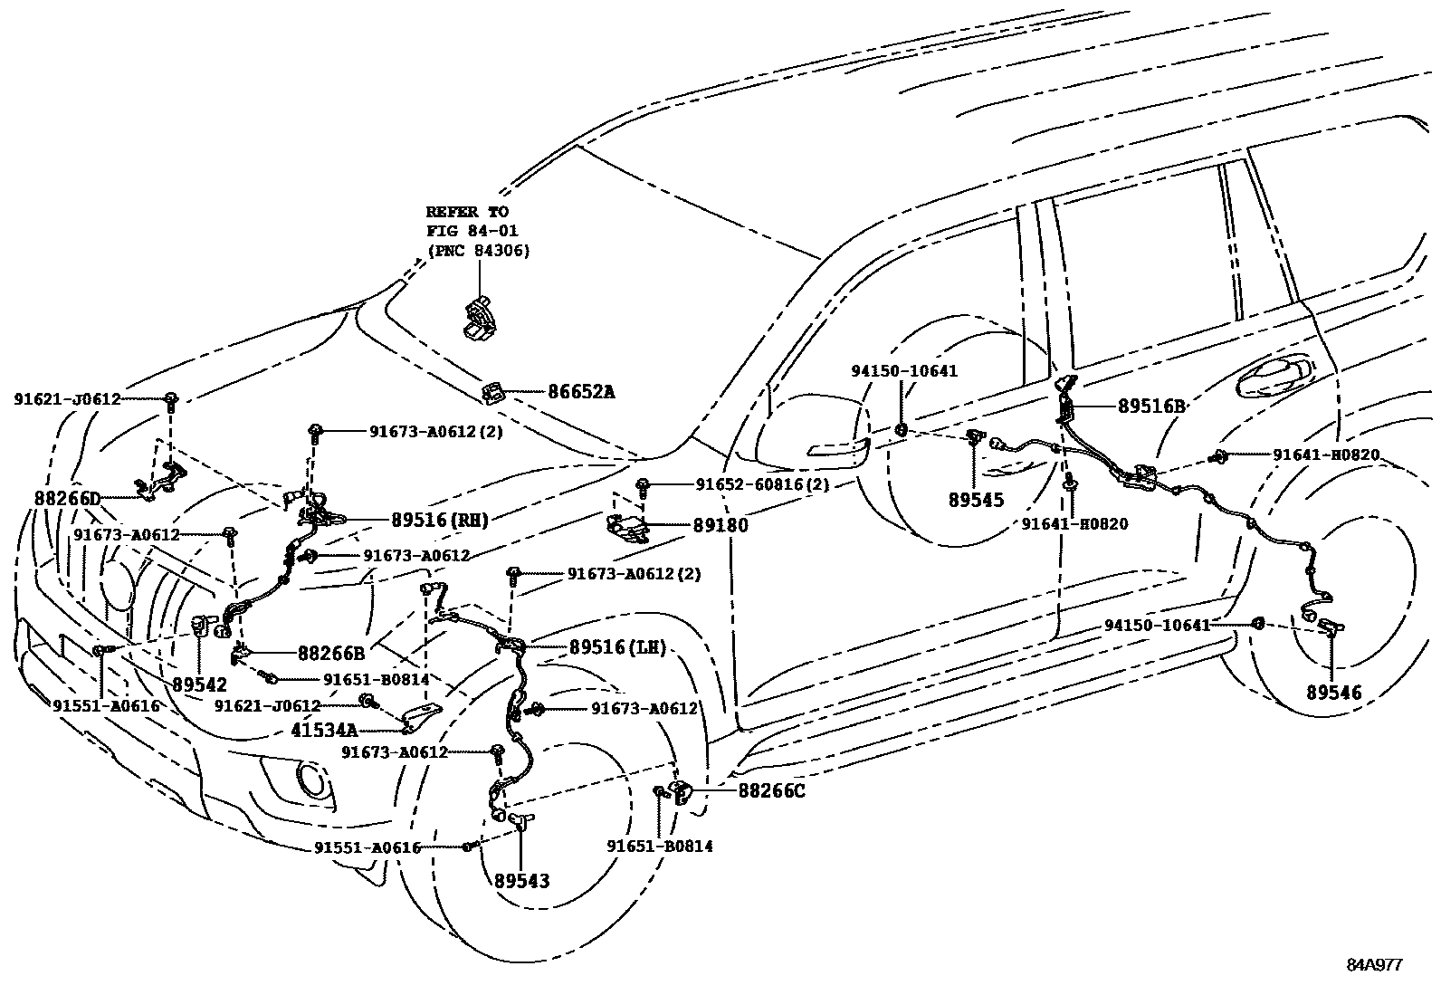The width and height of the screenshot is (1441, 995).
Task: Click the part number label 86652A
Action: tap(581, 392)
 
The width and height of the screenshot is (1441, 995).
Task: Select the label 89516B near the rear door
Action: tap(1151, 407)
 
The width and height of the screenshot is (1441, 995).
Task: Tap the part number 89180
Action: tap(720, 524)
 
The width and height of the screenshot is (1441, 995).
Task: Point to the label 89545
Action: tap(977, 500)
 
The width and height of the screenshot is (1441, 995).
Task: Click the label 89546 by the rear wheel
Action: tap(1333, 694)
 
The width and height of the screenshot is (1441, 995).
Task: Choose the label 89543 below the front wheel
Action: tap(522, 880)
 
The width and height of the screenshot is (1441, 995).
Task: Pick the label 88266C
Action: tap(771, 790)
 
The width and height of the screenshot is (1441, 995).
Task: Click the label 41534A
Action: tap(324, 729)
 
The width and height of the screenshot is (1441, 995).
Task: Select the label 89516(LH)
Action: tap(617, 647)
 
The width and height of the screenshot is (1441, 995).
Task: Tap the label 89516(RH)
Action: tap(440, 520)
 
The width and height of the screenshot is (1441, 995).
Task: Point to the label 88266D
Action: tap(67, 499)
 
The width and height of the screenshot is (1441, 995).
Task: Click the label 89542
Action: tap(199, 685)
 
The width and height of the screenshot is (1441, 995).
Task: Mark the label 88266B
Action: tap(331, 653)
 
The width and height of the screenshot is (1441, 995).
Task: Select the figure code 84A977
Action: tap(1373, 965)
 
